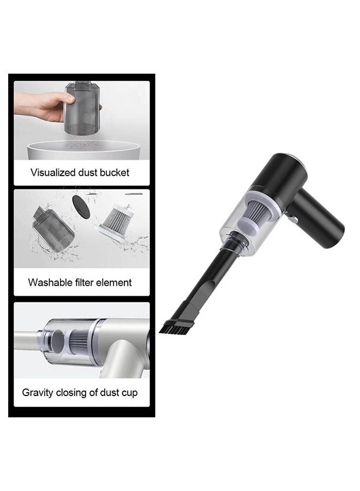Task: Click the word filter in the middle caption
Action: (x=82, y=283)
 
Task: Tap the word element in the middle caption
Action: (x=115, y=283)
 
